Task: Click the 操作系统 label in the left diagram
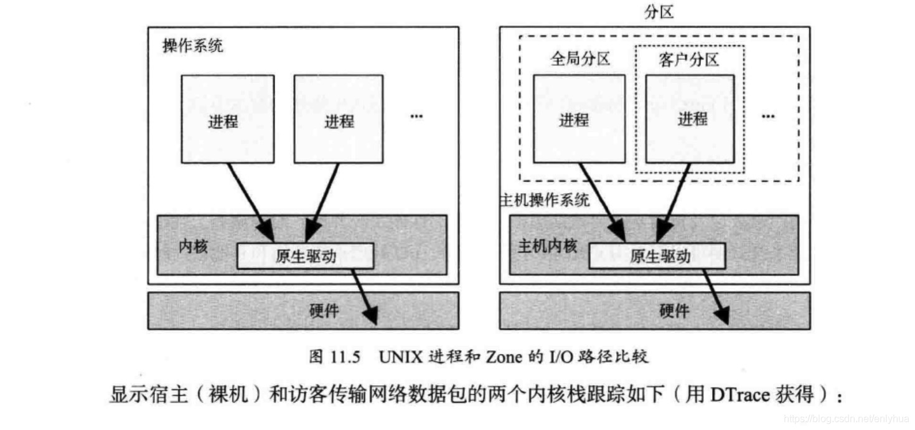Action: [192, 46]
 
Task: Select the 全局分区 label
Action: [580, 59]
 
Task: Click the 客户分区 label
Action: [688, 59]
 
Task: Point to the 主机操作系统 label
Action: [545, 200]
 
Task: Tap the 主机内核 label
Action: [547, 246]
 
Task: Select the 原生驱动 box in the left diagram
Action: [305, 256]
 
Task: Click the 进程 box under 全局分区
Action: [579, 118]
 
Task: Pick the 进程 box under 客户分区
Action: [690, 118]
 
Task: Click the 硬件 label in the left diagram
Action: [324, 310]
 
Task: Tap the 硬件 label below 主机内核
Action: [674, 310]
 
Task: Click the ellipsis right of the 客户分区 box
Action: [768, 117]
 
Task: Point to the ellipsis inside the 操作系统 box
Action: [416, 117]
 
